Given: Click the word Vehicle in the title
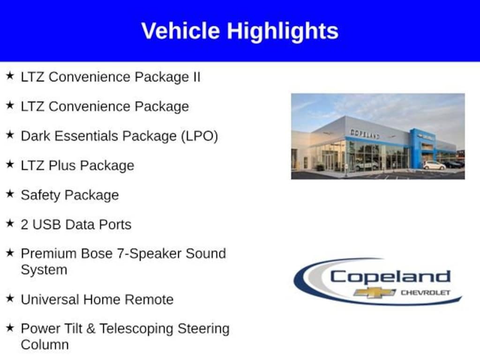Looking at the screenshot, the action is tap(180, 30).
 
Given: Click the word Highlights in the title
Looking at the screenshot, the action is tap(283, 32).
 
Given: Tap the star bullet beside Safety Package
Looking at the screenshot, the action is tap(10, 194).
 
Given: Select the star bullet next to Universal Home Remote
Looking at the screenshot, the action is tap(10, 298).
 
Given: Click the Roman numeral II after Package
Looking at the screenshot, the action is tap(196, 77).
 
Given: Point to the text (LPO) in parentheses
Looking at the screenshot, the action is tap(200, 136).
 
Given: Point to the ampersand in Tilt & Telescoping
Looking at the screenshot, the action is tap(90, 329).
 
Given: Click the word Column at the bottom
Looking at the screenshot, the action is tap(45, 345).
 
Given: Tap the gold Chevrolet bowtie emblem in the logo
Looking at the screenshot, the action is tap(375, 292).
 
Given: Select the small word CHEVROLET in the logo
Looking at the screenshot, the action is tap(426, 292).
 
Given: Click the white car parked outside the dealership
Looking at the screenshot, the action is tap(434, 165).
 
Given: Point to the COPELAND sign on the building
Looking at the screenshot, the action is tap(365, 134).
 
